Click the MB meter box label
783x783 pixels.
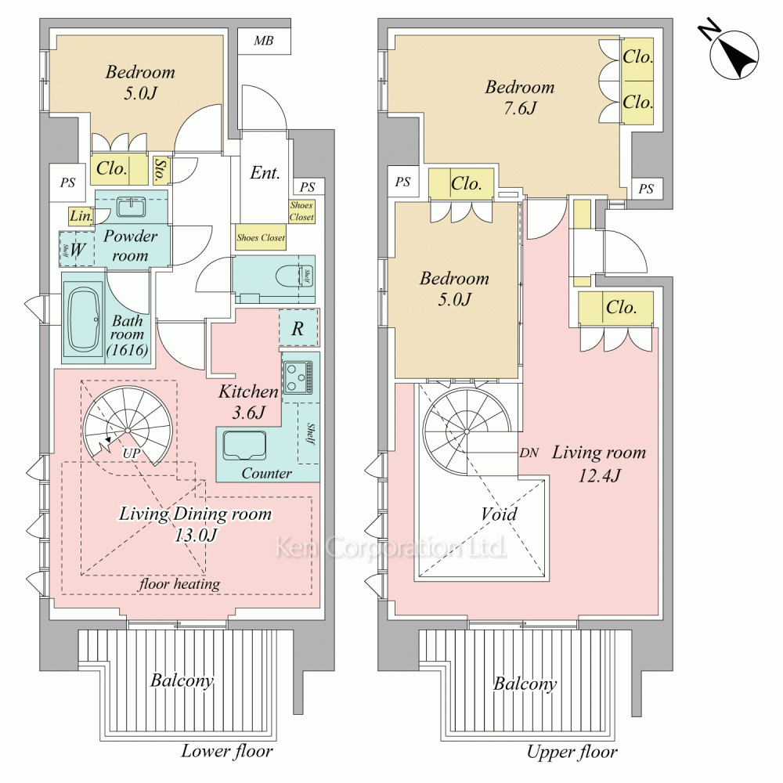pyautogui.click(x=264, y=41)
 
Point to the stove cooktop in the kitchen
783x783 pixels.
pyautogui.click(x=298, y=377)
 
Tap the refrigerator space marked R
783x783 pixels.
pyautogui.click(x=298, y=328)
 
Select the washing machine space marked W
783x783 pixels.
pyautogui.click(x=77, y=249)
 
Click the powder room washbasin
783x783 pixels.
pyautogui.click(x=132, y=206)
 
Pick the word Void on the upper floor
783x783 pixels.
pyautogui.click(x=499, y=514)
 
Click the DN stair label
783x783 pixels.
pyautogui.click(x=529, y=453)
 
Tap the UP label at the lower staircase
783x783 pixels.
pyautogui.click(x=132, y=453)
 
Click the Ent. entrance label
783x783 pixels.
pyautogui.click(x=265, y=173)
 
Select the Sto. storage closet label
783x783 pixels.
pyautogui.click(x=161, y=170)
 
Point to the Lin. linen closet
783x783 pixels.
pyautogui.click(x=81, y=216)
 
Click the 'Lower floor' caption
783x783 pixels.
pyautogui.click(x=227, y=751)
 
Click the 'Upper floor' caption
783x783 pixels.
pyautogui.click(x=572, y=752)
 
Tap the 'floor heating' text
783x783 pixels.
pyautogui.click(x=179, y=584)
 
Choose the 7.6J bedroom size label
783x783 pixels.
pyautogui.click(x=520, y=108)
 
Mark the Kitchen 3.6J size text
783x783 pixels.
pyautogui.click(x=248, y=402)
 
